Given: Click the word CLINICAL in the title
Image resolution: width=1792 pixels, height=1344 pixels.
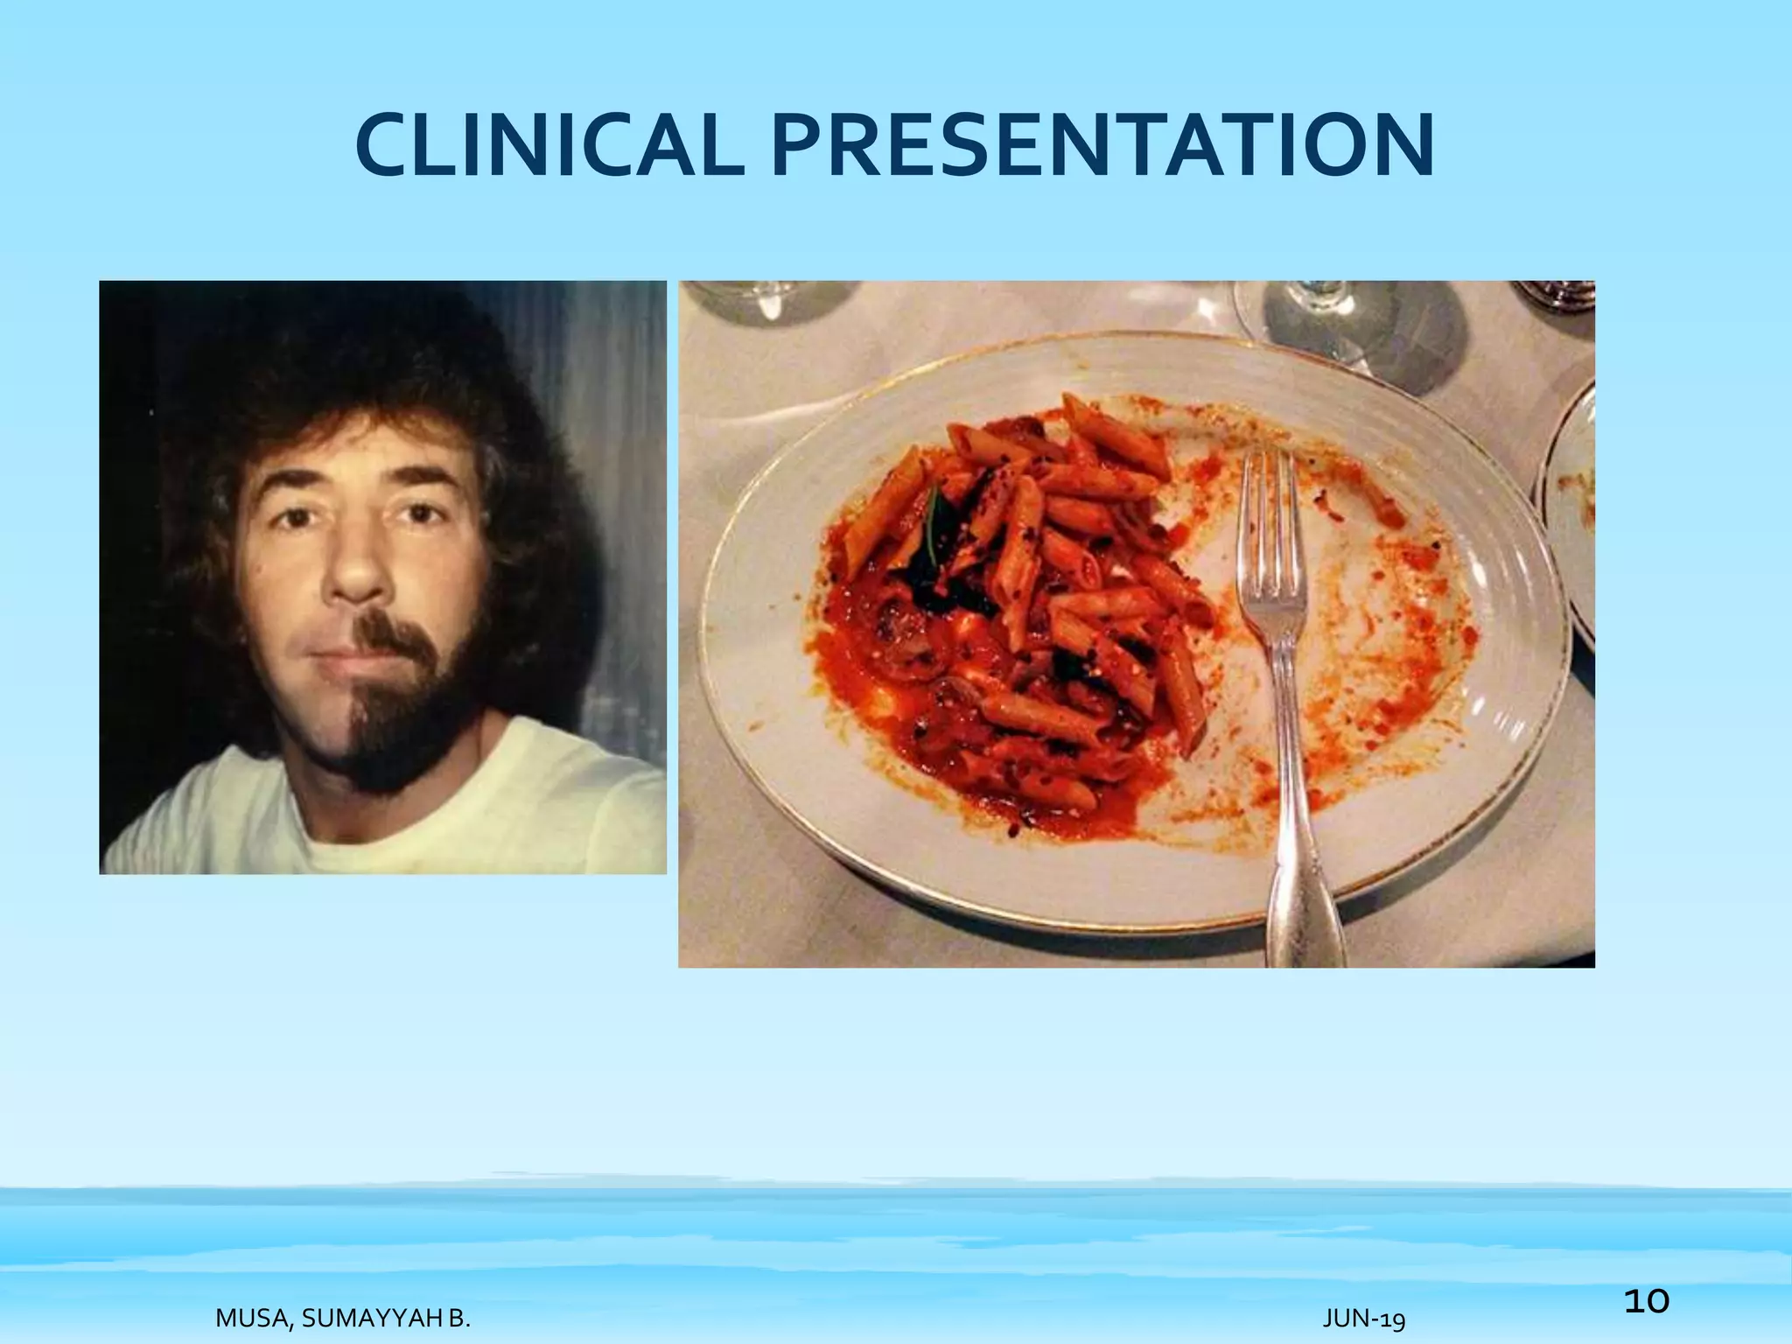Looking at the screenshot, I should tap(549, 144).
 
